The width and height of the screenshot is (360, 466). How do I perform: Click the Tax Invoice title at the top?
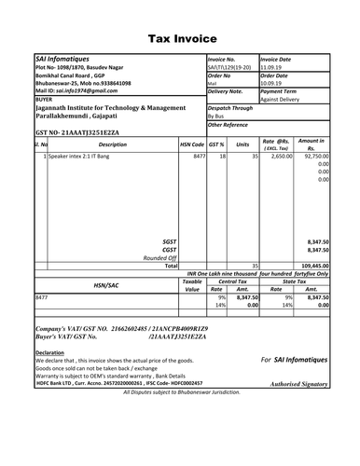click(x=181, y=38)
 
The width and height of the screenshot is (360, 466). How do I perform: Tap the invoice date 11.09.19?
click(x=272, y=68)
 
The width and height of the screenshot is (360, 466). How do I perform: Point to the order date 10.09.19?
click(x=272, y=84)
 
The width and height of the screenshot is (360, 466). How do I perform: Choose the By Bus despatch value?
click(x=219, y=116)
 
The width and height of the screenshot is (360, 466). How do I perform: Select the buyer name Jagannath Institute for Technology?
click(x=110, y=108)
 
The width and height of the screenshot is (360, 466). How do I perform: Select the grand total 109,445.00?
click(x=311, y=266)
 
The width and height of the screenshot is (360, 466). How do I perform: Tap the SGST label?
click(x=169, y=240)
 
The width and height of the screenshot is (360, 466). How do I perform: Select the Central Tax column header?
click(x=233, y=281)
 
